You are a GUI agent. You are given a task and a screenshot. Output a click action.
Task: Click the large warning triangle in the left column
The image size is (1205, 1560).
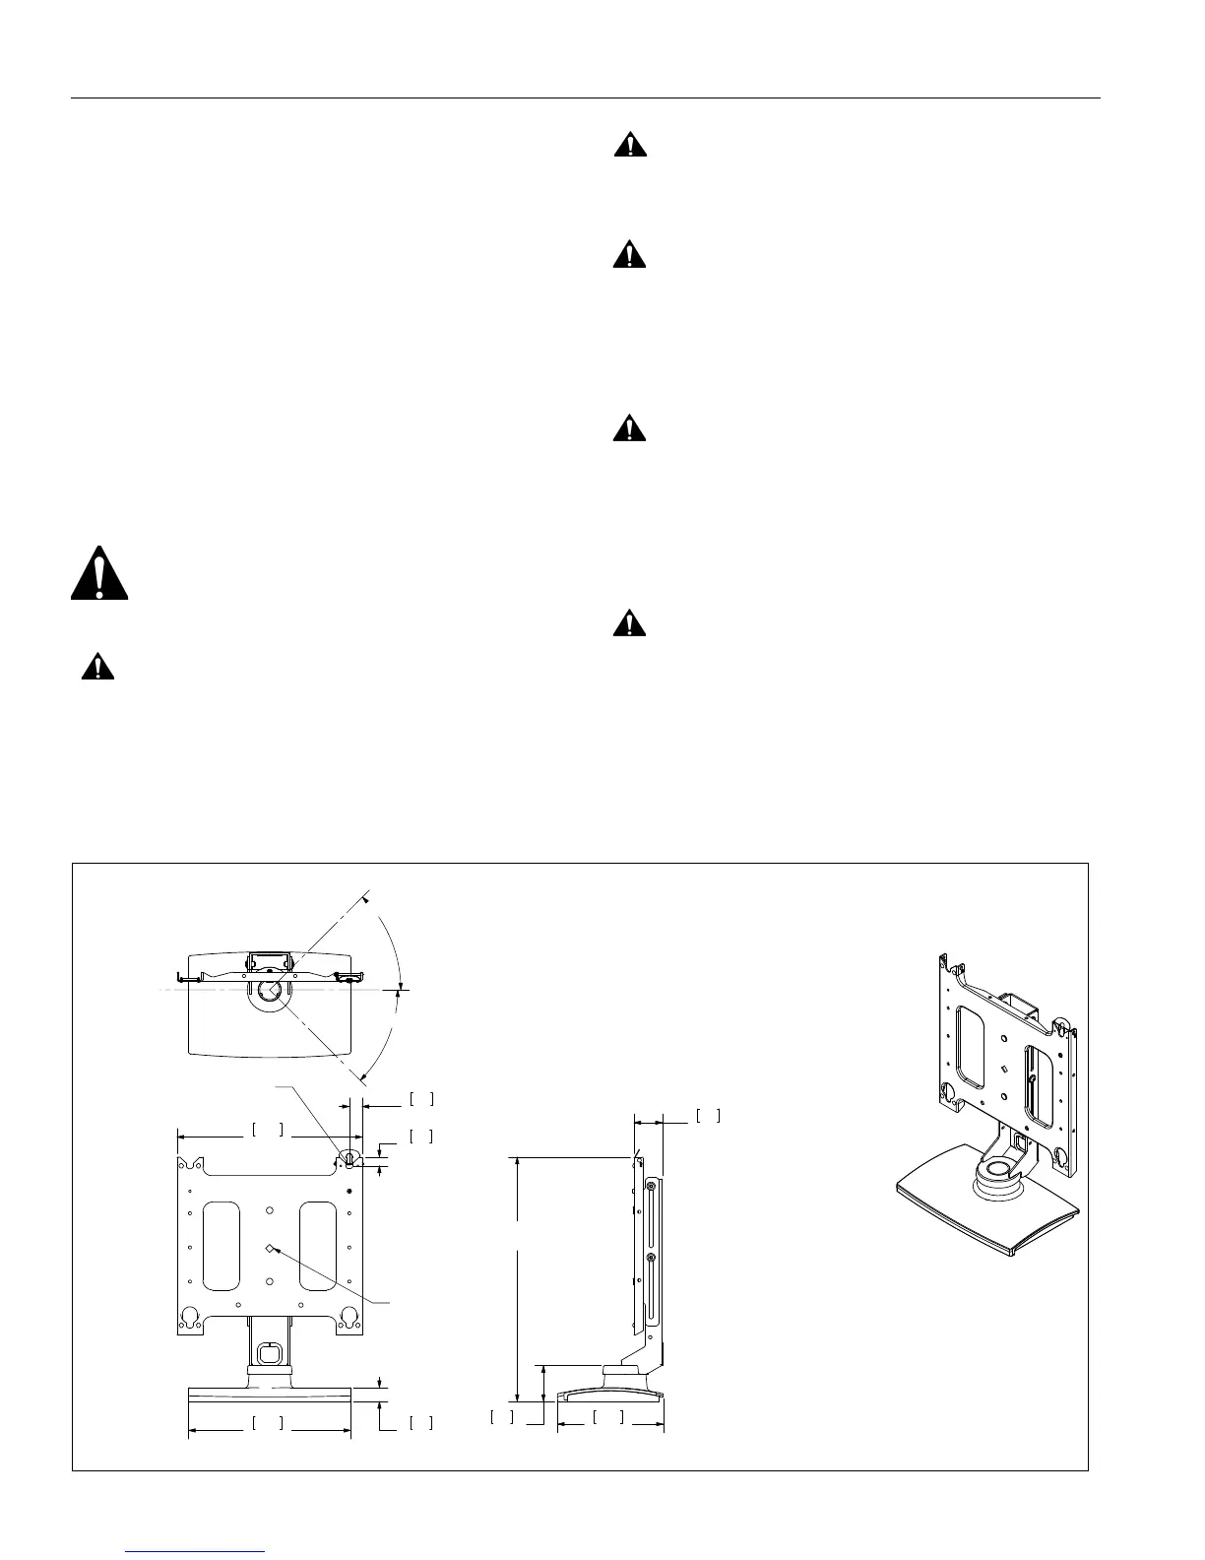tap(99, 573)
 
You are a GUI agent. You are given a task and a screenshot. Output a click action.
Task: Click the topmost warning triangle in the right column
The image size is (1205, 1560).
tap(630, 147)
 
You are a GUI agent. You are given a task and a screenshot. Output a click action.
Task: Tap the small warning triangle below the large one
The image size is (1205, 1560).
tap(97, 668)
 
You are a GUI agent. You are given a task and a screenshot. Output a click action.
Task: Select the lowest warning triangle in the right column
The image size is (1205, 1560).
tap(630, 623)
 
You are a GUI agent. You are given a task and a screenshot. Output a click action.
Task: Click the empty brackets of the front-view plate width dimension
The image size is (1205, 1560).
tap(268, 1130)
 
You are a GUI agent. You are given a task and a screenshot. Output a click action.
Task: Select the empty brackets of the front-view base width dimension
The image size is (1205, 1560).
tap(268, 1422)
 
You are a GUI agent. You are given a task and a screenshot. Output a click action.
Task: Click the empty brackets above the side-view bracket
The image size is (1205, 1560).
tap(709, 1116)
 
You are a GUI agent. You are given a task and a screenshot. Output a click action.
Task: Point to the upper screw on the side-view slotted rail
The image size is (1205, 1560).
tap(650, 1188)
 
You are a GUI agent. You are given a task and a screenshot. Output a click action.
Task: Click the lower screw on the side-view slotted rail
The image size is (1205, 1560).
tap(650, 1259)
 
